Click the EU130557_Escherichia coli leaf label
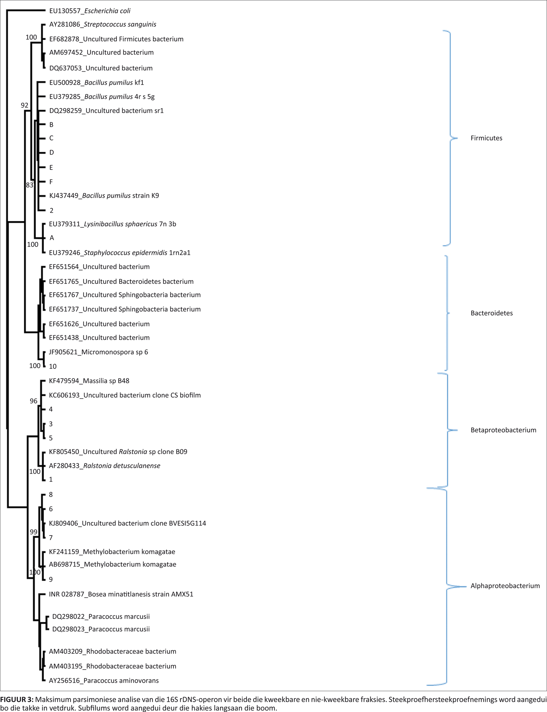89,11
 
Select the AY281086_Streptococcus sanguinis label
103,24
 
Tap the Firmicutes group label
486,138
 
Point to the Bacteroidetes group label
491,313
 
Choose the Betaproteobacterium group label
503,430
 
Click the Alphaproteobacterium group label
505,586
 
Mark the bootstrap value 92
25,105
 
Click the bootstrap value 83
30,185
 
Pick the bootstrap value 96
34,401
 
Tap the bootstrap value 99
34,532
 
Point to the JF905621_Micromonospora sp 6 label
98,352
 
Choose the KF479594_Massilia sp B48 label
89,381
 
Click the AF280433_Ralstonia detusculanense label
105,466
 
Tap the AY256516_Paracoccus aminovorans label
104,680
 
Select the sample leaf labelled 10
52,366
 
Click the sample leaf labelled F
51,182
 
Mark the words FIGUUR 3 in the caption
16,700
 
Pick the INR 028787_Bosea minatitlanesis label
121,594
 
